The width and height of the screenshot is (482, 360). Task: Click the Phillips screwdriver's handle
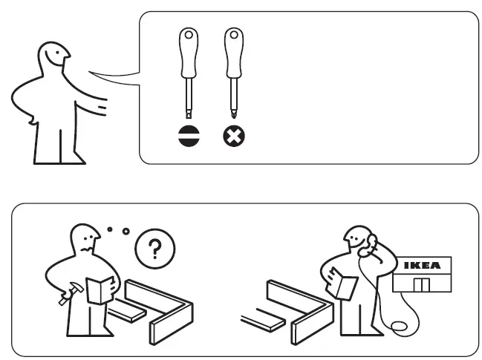234,52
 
